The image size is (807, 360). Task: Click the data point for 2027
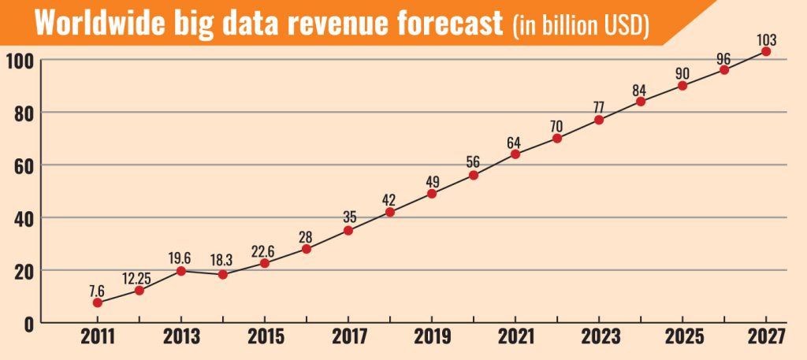coord(766,51)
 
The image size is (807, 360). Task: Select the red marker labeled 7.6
coord(97,302)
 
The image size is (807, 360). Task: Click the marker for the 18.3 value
coord(223,274)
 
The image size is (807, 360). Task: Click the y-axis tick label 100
coord(20,60)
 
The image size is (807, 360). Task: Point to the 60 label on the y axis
coord(23,165)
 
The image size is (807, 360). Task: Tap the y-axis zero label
coord(27,323)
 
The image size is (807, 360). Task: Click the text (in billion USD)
coord(581,25)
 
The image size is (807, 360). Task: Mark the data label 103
coord(765,36)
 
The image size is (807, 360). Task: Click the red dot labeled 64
coord(515,154)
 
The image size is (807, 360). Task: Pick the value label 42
coord(390,197)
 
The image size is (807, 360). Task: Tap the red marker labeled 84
coord(641,102)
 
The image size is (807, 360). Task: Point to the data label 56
coord(474,161)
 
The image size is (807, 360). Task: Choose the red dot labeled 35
coord(348,230)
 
